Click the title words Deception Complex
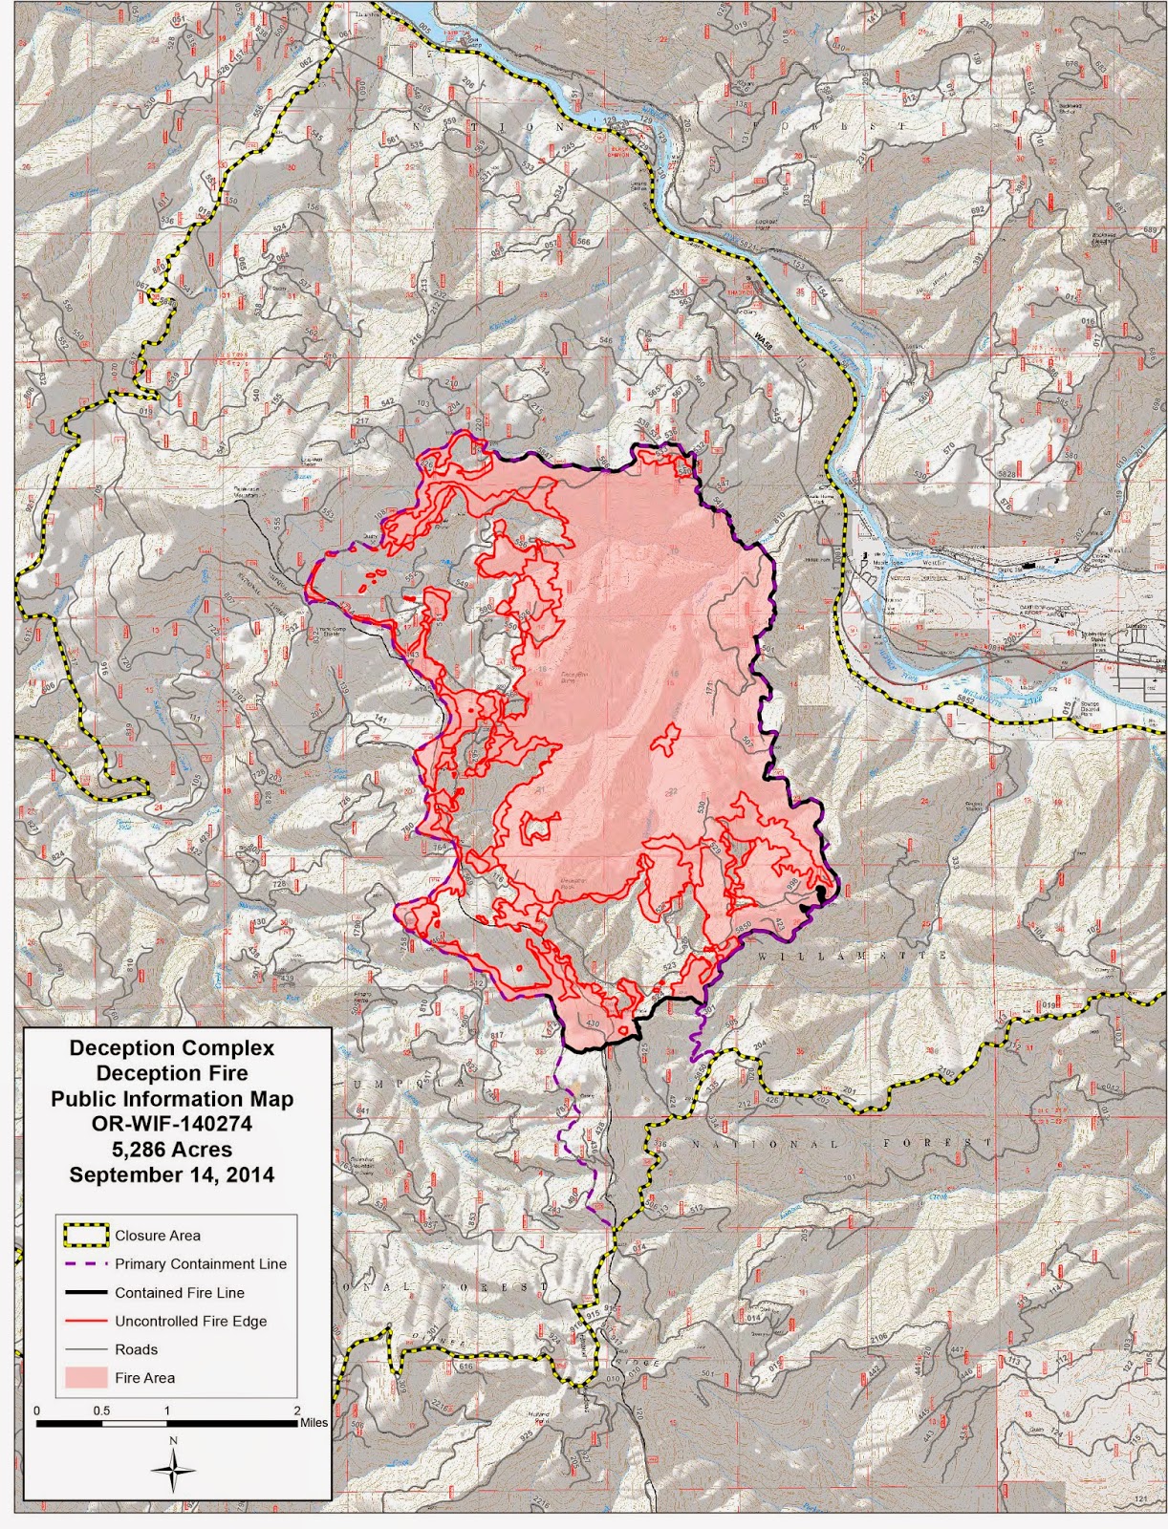[172, 1047]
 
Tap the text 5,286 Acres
[172, 1150]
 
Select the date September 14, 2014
[172, 1174]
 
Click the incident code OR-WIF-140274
[172, 1124]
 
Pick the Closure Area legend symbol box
[84, 1235]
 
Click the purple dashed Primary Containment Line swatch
[84, 1263]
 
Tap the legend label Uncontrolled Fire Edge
[190, 1321]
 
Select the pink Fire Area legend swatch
[84, 1377]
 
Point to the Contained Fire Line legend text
[180, 1292]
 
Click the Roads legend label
[136, 1349]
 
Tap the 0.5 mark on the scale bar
[101, 1411]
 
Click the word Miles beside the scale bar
[314, 1423]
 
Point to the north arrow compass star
[173, 1471]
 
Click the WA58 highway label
[762, 338]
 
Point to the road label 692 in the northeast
[977, 209]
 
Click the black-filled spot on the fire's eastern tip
[821, 893]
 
